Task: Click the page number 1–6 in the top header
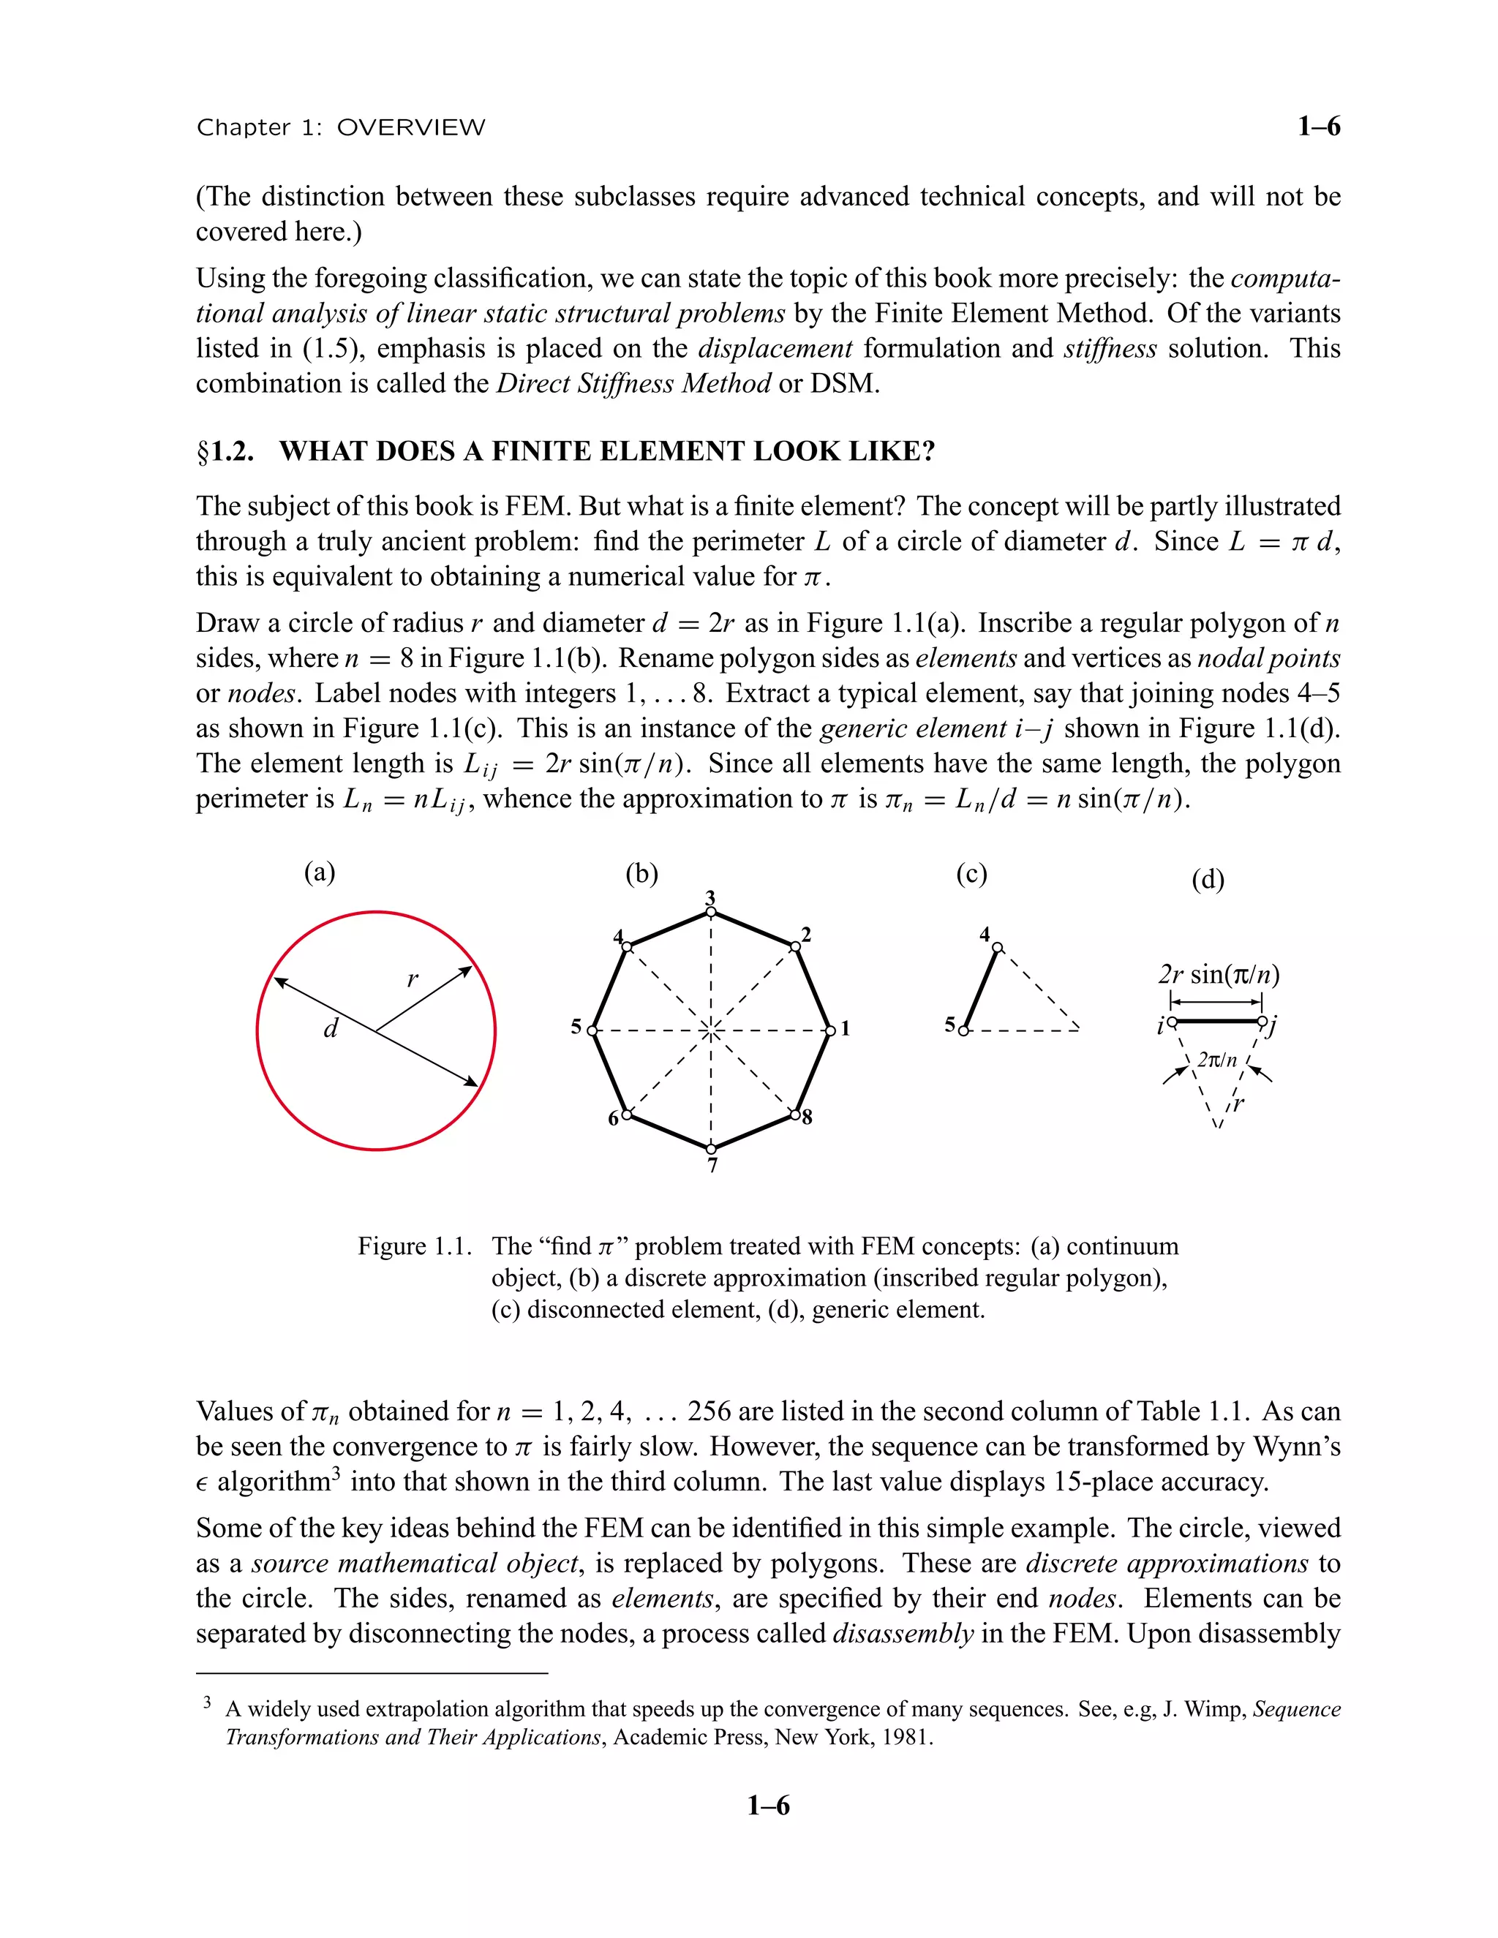click(x=1318, y=127)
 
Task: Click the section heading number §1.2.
click(x=225, y=452)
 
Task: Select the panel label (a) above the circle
click(x=320, y=872)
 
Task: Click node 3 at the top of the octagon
click(x=711, y=911)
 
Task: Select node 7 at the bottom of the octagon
click(x=712, y=1149)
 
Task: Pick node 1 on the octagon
click(x=831, y=1030)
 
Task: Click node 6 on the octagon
click(x=627, y=1115)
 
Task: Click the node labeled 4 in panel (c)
click(x=997, y=947)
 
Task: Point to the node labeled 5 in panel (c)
click(x=966, y=1030)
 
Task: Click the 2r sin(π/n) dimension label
click(x=1219, y=975)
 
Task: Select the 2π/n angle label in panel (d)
click(x=1216, y=1060)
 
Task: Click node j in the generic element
click(x=1262, y=1022)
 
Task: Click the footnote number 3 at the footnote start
click(x=207, y=1702)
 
